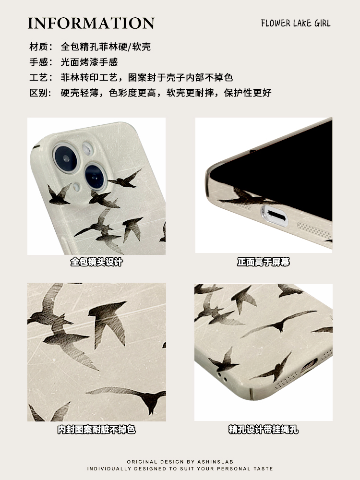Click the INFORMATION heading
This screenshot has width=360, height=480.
91,23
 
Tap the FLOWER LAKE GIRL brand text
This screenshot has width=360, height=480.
296,23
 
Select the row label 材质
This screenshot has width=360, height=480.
38,47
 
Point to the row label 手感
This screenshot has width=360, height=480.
38,62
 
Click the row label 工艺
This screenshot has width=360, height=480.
38,77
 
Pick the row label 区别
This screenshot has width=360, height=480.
38,93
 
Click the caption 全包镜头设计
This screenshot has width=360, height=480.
96,262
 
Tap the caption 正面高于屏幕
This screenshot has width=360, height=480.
264,262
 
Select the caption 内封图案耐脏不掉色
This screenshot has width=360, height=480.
96,430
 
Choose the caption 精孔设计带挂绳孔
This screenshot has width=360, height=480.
264,430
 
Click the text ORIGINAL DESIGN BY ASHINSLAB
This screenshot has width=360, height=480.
180,461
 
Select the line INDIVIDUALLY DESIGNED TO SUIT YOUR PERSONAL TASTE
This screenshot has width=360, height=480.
180,468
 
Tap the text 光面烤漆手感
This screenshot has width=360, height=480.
89,62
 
